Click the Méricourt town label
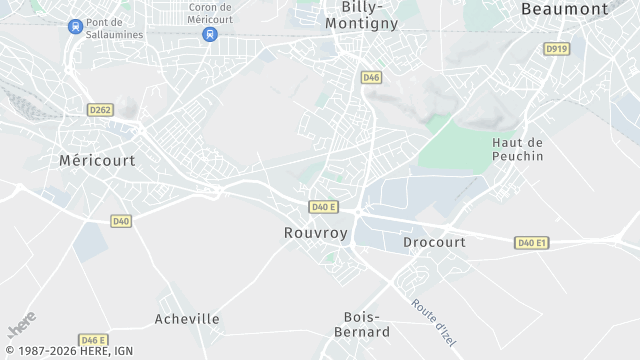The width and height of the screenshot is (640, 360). pos(97,160)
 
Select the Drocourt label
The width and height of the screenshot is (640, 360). pos(434,243)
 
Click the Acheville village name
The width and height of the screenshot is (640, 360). pos(187,319)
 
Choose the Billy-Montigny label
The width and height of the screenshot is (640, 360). pos(362,14)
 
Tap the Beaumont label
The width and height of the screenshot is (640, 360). pos(564,9)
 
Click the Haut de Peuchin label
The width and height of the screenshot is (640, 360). pos(518,149)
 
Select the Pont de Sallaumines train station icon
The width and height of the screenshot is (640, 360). pos(75,27)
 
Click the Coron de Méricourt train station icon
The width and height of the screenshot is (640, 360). pos(209,34)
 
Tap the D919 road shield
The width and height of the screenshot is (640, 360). pos(557,48)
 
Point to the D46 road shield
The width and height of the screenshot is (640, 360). pos(371,77)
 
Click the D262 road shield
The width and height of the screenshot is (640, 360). pos(100,110)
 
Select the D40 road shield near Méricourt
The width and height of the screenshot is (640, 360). pos(121,221)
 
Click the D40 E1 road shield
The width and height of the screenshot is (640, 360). pos(532,243)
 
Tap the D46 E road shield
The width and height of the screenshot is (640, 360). pos(93,340)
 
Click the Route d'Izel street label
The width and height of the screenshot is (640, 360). pos(433,315)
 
